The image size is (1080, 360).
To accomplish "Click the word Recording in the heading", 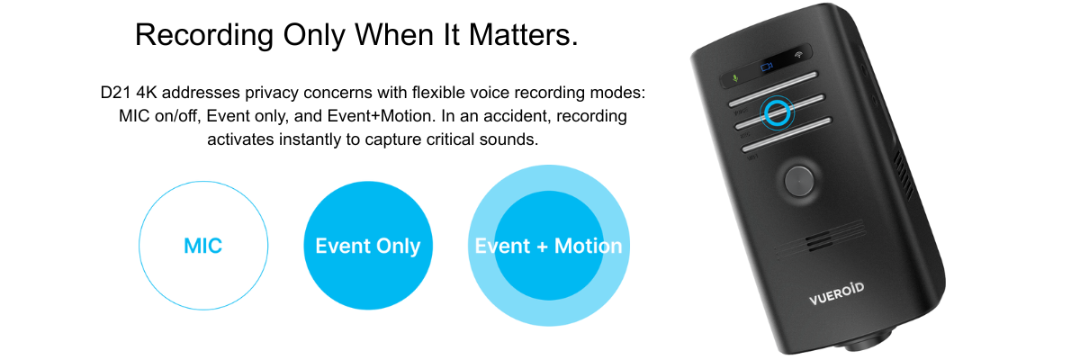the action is point(204,36).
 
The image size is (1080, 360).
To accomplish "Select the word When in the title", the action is point(394,35).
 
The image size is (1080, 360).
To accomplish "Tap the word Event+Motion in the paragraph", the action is point(379,116).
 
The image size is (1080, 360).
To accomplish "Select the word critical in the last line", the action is point(448,139).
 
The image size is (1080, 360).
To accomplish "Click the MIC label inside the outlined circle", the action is point(203,247).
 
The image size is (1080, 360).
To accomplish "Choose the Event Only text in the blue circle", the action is point(368,247).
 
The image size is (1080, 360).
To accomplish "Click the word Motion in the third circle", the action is point(589,247).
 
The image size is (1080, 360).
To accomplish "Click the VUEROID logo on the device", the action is point(836,294).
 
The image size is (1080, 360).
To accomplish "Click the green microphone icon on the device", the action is point(735,77).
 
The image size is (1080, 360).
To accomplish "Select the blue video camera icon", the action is point(767,67).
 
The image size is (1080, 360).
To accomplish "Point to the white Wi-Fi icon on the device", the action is point(798,55).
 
